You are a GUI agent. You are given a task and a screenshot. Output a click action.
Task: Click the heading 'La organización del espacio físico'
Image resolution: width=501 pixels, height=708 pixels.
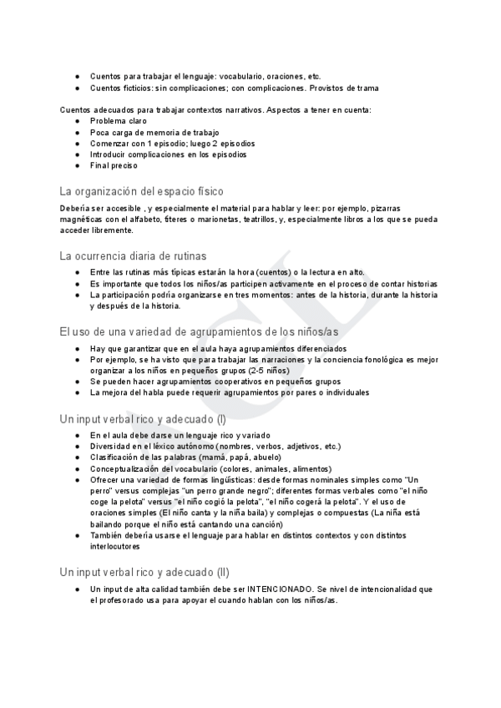141,191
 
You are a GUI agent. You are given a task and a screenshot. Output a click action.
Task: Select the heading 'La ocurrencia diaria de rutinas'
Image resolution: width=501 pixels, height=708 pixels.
134,255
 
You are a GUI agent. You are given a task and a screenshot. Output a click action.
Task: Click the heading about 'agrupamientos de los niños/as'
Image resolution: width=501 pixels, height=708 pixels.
200,331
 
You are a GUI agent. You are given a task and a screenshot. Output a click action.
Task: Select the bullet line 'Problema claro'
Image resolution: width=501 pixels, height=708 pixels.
119,121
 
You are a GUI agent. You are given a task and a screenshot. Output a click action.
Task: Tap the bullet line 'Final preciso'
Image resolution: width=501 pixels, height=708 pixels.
115,165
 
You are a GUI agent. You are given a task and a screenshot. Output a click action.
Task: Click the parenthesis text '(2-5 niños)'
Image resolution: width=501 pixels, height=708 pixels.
271,371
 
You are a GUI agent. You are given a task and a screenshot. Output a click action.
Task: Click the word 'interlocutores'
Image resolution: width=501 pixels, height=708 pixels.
115,546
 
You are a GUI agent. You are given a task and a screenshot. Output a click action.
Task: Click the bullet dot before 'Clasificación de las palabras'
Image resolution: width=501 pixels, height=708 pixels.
77,458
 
